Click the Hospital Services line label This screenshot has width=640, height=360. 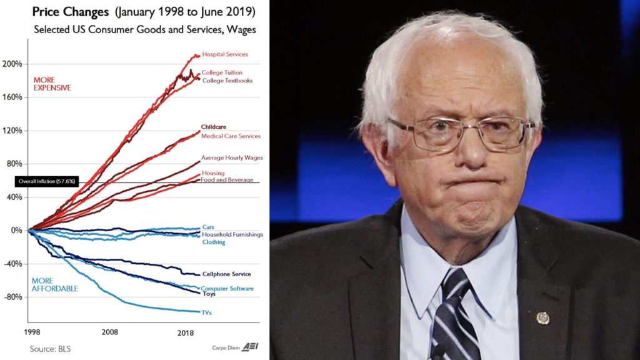click(x=225, y=54)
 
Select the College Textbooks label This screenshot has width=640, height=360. click(x=227, y=81)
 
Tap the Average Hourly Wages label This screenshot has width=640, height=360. click(x=232, y=158)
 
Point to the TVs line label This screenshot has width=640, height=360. click(x=206, y=312)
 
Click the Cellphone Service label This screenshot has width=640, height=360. click(x=227, y=274)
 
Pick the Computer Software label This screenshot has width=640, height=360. click(x=227, y=289)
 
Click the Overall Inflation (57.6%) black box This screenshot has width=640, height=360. click(x=46, y=182)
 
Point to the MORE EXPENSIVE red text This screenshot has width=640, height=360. click(x=49, y=84)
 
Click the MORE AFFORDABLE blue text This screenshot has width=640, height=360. click(x=54, y=285)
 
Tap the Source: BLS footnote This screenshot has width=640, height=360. click(x=50, y=349)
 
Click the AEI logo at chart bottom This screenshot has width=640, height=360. click(x=250, y=347)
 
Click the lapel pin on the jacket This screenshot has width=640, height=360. click(x=542, y=317)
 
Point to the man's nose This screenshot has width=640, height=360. click(x=470, y=152)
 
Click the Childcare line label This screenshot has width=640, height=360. click(x=213, y=127)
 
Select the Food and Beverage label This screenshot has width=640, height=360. click(x=227, y=180)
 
